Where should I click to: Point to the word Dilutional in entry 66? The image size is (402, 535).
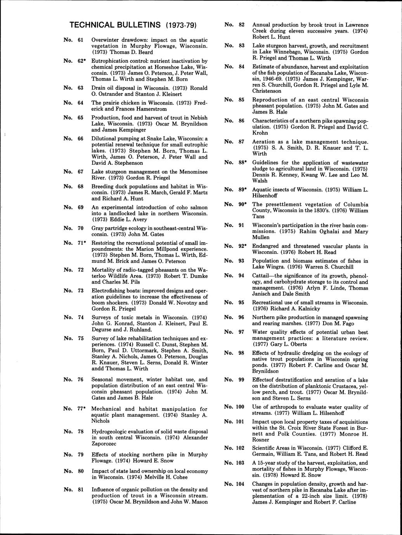tap(104, 138)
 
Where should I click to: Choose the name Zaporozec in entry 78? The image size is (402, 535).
tap(104, 444)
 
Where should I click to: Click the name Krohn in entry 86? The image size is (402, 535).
tap(260, 133)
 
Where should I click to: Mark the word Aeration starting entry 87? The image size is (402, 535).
tap(263, 142)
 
